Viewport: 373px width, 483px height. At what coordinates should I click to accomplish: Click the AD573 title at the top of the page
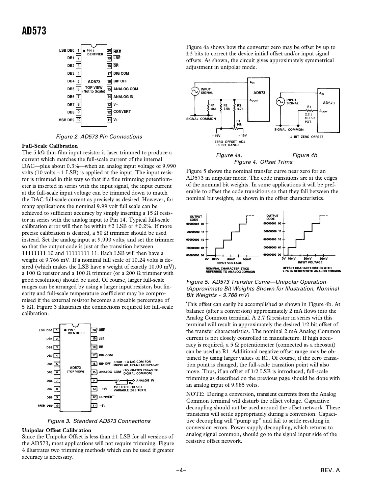pyautogui.click(x=34, y=31)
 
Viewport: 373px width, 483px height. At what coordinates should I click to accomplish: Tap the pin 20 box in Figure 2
pyautogui.click(x=109, y=51)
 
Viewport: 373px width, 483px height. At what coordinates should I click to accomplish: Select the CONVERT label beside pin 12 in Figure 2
pyautogui.click(x=122, y=112)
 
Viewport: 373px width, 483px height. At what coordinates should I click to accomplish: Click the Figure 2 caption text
pyautogui.click(x=99, y=137)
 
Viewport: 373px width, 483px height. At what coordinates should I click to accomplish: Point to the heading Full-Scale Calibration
pyautogui.click(x=50, y=146)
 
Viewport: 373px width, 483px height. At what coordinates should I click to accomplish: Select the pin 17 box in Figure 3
pyautogui.click(x=94, y=355)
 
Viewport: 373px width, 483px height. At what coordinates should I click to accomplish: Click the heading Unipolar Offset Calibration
pyautogui.click(x=56, y=430)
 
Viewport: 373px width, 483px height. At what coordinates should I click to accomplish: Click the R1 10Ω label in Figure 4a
pyautogui.click(x=213, y=107)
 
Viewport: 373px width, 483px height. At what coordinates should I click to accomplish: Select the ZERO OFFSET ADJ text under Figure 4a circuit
pyautogui.click(x=230, y=142)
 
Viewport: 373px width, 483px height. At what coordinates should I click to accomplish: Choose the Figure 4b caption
pyautogui.click(x=305, y=155)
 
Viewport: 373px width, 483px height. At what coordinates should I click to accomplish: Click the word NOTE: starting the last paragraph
pyautogui.click(x=195, y=394)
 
